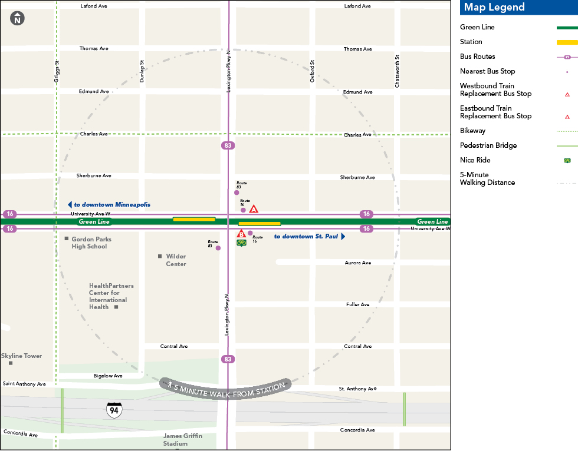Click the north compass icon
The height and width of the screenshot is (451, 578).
tap(17, 18)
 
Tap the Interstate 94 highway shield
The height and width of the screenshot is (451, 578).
tap(114, 410)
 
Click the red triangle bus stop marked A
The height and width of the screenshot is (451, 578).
tap(254, 209)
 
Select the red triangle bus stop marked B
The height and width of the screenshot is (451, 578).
tap(241, 234)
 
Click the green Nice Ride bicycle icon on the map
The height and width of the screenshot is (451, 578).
tap(241, 243)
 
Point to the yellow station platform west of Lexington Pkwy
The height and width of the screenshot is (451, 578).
tap(194, 219)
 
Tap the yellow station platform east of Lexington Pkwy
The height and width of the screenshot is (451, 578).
tap(260, 224)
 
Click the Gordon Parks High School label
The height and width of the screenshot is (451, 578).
tap(91, 243)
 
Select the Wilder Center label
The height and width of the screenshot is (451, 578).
tap(176, 260)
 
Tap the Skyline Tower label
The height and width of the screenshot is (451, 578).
tap(22, 356)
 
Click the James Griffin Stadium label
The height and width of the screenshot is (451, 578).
tap(183, 440)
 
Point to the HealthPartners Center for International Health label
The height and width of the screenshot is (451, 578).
tap(111, 296)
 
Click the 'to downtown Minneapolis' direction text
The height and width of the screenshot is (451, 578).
tap(112, 205)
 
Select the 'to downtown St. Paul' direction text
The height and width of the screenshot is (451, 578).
tap(306, 237)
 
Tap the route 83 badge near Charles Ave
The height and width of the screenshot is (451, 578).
tap(228, 145)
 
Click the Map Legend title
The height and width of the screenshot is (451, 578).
tap(494, 8)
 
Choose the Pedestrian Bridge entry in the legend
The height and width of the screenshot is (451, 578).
tap(488, 145)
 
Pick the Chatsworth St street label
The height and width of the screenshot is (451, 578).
tap(398, 71)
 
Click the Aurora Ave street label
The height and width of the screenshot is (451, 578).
tap(357, 263)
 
